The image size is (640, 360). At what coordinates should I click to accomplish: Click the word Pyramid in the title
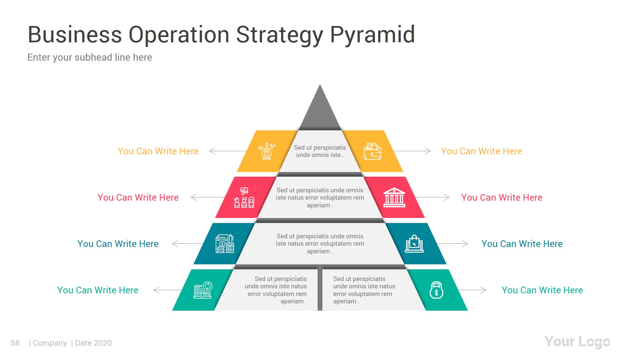[372, 35]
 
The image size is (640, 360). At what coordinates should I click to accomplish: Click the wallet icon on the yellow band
[373, 151]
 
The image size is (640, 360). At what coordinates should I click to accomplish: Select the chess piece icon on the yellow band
[267, 151]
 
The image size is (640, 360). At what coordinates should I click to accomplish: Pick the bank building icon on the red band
[394, 197]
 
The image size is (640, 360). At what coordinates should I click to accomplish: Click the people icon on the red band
[244, 197]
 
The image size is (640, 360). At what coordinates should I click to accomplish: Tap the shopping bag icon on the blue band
[414, 244]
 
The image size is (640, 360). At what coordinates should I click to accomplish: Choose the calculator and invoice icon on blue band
[225, 244]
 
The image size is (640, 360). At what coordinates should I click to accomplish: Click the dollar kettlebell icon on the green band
[436, 290]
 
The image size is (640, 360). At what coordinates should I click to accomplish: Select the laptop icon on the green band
[203, 290]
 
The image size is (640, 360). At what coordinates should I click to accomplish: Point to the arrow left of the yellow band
[228, 151]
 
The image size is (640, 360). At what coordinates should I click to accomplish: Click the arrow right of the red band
[432, 197]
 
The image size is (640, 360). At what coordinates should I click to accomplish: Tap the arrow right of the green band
[472, 290]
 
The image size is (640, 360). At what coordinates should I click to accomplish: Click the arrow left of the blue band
[187, 244]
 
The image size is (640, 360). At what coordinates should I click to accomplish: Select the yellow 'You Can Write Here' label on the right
[482, 151]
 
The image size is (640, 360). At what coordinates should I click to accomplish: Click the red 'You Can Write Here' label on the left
[138, 197]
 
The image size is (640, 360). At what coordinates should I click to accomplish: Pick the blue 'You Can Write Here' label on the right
[522, 244]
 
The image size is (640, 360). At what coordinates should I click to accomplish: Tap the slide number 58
[15, 343]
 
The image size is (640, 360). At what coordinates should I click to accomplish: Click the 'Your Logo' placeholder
[577, 342]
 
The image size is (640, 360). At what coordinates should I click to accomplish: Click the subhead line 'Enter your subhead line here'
[90, 57]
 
